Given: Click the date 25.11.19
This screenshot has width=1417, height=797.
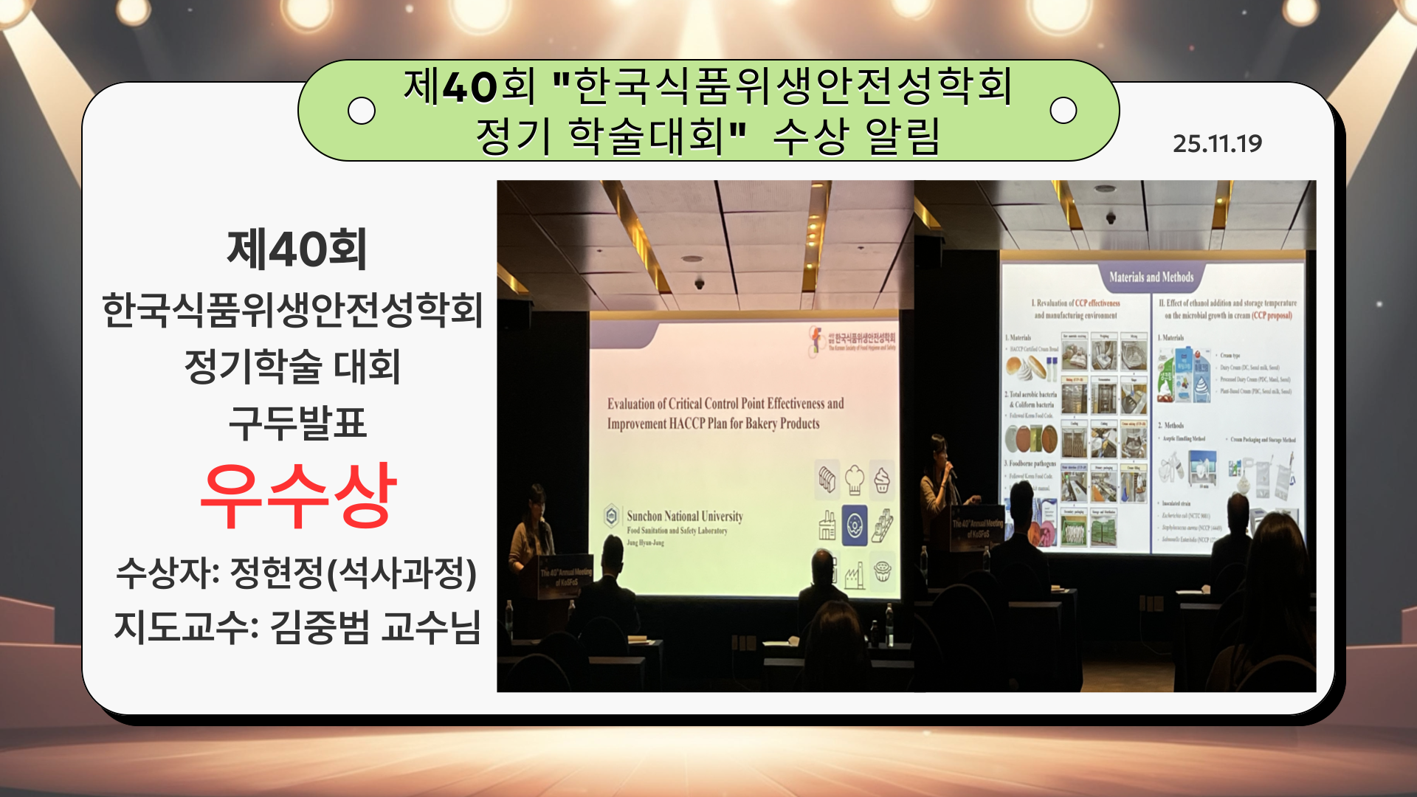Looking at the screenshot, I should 1217,143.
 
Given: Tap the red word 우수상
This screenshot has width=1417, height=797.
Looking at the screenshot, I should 298,496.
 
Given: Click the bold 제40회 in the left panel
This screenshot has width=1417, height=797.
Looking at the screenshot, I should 297,249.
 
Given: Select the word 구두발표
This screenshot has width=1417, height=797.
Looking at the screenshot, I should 297,423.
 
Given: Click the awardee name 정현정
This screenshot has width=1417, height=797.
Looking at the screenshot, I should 276,573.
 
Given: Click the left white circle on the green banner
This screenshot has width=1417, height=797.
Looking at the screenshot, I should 361,111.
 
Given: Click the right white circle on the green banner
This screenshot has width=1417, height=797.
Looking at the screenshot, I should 1063,111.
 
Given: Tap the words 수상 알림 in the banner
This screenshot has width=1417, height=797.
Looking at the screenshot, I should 856,137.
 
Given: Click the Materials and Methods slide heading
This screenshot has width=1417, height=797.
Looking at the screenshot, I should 1151,277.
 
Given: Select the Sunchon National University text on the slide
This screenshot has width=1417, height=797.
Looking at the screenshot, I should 684,516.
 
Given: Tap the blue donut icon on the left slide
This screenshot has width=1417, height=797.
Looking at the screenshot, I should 855,525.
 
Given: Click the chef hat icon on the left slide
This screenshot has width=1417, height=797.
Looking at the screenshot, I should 855,480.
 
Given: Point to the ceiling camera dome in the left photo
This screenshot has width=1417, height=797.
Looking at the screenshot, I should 698,283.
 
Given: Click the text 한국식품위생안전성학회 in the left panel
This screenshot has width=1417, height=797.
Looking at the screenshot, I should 292,309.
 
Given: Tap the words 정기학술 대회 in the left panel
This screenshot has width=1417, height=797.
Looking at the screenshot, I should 292,367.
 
